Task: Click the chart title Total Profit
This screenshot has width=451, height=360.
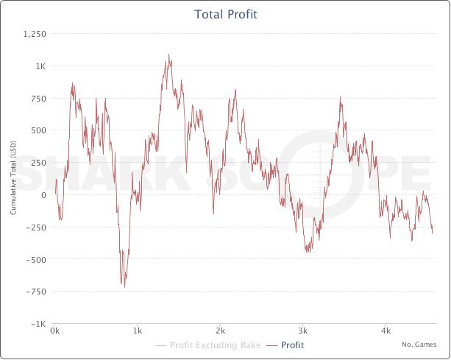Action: pyautogui.click(x=225, y=14)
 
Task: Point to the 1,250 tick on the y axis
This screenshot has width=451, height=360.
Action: pyautogui.click(x=35, y=34)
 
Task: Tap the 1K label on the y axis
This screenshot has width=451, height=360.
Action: pyautogui.click(x=40, y=66)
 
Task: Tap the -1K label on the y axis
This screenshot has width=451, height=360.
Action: pyautogui.click(x=38, y=324)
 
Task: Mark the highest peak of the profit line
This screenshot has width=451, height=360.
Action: pyautogui.click(x=168, y=54)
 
